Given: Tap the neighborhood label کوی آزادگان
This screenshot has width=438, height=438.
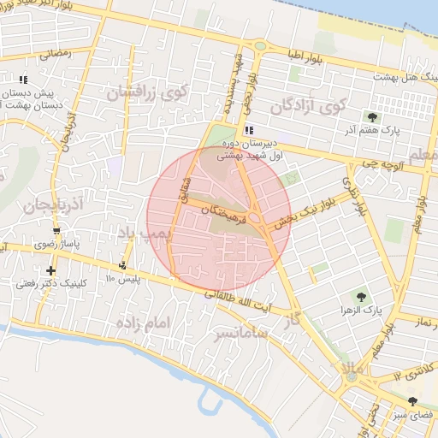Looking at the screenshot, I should [308, 106].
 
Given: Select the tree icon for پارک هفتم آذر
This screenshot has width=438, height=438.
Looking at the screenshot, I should [371, 116].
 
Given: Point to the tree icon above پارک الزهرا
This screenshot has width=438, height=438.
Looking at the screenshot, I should [360, 296].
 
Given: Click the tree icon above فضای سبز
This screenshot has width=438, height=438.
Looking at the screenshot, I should [413, 401].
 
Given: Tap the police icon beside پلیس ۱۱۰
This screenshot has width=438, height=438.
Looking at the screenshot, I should [124, 267].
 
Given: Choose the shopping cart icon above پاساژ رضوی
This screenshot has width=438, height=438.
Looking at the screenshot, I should [56, 231].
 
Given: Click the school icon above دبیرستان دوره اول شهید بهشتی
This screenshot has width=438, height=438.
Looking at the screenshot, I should [249, 130].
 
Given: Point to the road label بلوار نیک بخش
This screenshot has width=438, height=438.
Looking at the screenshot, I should [308, 208].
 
